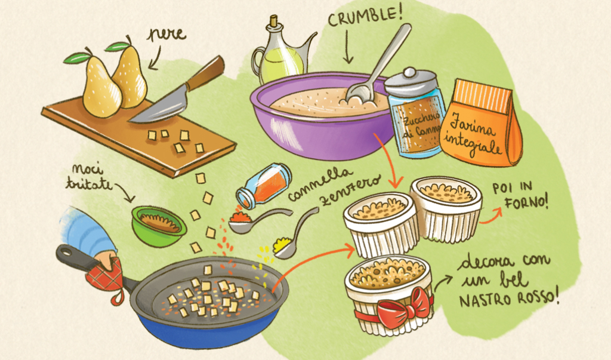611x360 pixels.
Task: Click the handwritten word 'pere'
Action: point(166,34)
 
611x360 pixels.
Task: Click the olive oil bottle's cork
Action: point(274,20)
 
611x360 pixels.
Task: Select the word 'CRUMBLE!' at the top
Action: point(365,16)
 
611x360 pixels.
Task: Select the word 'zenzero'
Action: point(349,191)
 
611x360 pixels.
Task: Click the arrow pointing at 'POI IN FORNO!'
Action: point(491,217)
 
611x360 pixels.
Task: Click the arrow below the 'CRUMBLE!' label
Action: point(348,46)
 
